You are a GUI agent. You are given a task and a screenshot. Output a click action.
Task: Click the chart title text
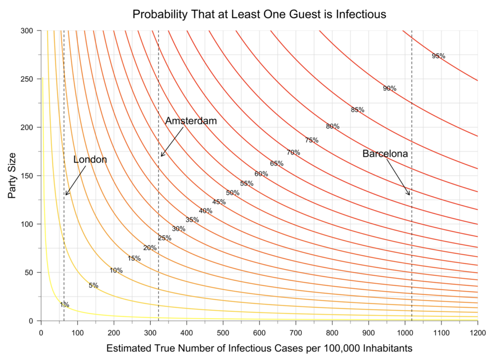(259, 14)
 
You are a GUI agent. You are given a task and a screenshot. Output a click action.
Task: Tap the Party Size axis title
(13, 176)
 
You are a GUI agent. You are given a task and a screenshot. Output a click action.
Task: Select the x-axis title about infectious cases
(259, 348)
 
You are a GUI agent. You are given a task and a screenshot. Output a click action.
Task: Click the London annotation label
(90, 159)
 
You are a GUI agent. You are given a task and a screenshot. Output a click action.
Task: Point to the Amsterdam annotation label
(191, 121)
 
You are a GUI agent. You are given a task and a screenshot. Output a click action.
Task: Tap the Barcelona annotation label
(385, 153)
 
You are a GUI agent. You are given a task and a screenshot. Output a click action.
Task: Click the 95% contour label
(439, 56)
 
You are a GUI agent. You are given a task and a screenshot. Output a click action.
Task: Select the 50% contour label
(233, 193)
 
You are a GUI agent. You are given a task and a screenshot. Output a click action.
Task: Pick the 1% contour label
(64, 304)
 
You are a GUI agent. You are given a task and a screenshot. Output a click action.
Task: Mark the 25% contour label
(164, 238)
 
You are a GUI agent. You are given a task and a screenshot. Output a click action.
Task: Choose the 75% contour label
(312, 140)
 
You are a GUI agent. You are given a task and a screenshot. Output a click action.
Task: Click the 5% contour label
(94, 285)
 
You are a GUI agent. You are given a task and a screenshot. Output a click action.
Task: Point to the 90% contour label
(390, 89)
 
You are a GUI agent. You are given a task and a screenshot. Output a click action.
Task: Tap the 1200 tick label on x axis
(477, 332)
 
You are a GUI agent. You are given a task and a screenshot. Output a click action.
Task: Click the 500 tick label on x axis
(223, 332)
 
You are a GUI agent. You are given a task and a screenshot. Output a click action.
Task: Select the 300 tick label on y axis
(28, 31)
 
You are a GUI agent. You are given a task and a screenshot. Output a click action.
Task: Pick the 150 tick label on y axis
(28, 176)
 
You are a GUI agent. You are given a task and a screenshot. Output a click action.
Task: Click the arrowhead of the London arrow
(66, 194)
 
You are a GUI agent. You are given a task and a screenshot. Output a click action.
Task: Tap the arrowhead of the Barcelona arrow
(409, 194)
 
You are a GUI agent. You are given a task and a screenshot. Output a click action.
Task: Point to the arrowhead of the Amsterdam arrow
(162, 156)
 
